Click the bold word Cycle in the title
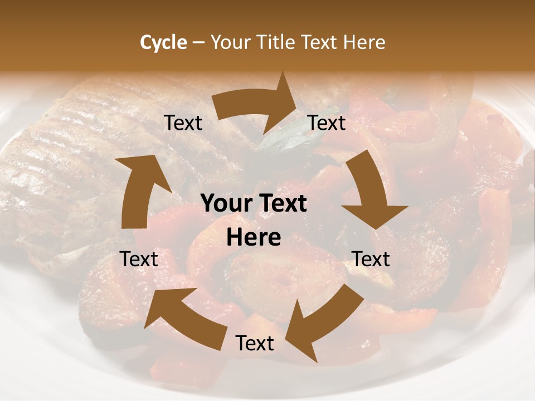pyautogui.click(x=163, y=42)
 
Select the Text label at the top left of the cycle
pyautogui.click(x=183, y=123)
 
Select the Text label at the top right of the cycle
pyautogui.click(x=327, y=123)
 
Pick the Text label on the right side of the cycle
pyautogui.click(x=371, y=259)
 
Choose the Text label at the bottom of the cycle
pyautogui.click(x=255, y=343)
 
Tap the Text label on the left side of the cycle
pyautogui.click(x=139, y=259)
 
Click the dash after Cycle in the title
pyautogui.click(x=198, y=42)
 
